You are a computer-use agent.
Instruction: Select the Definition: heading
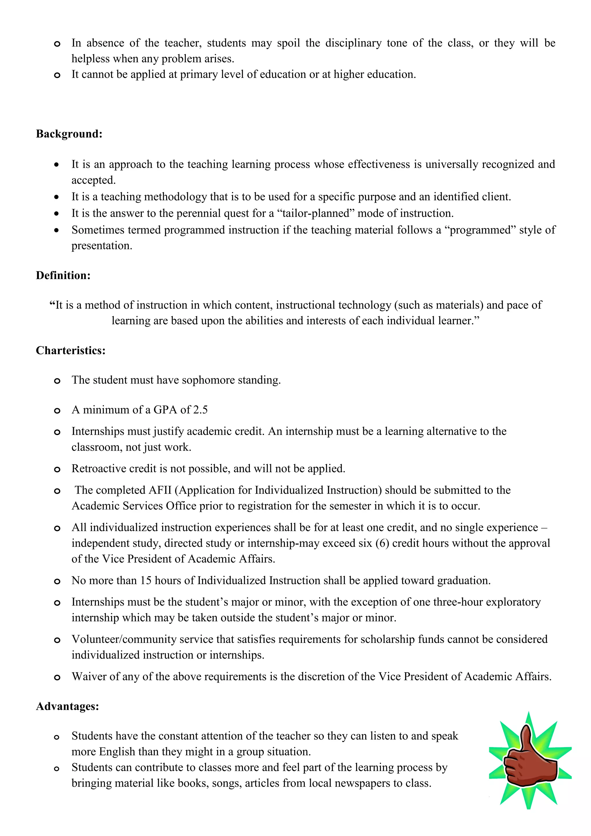point(63,275)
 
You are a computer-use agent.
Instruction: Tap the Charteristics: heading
point(71,350)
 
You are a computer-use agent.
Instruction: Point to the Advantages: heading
point(67,706)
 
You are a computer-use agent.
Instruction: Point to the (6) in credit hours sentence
point(382,543)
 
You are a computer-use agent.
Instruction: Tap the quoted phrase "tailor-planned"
point(315,213)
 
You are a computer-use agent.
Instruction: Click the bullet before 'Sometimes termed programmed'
point(56,230)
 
